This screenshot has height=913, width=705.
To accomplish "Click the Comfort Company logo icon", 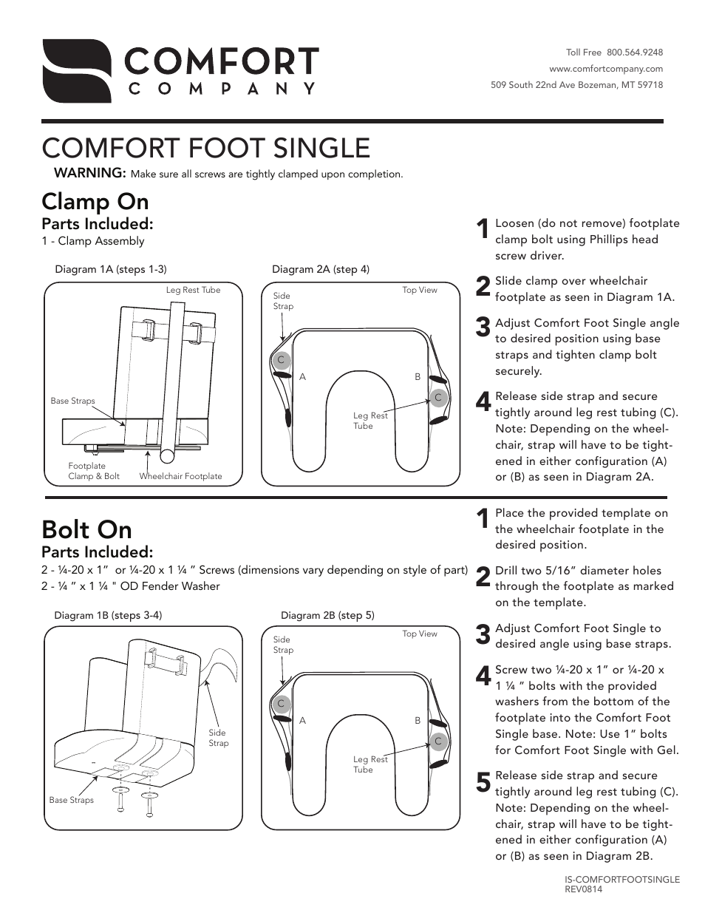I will pyautogui.click(x=76, y=71).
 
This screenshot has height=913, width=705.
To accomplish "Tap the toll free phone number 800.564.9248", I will pyautogui.click(x=634, y=52).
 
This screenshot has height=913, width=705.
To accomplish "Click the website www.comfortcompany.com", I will pyautogui.click(x=605, y=69).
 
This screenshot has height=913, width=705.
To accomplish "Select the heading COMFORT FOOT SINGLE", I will pyautogui.click(x=205, y=148).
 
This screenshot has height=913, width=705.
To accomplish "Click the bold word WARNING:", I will pyautogui.click(x=90, y=173).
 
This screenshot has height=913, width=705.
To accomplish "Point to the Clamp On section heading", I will pyautogui.click(x=95, y=201).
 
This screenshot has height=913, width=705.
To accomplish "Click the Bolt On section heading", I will pyautogui.click(x=86, y=529).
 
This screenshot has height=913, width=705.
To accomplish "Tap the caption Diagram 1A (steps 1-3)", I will pyautogui.click(x=111, y=269).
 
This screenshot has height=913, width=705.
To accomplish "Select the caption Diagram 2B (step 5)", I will pyautogui.click(x=327, y=615).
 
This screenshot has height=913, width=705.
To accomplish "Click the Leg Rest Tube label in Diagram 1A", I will pyautogui.click(x=193, y=290).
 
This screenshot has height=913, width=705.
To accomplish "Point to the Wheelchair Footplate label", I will pyautogui.click(x=180, y=476).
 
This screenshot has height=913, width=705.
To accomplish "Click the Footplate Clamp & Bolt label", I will pyautogui.click(x=93, y=471).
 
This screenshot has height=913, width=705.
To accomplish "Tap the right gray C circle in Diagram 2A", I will pyautogui.click(x=438, y=398).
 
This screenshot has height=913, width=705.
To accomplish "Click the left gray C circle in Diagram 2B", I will pyautogui.click(x=281, y=704).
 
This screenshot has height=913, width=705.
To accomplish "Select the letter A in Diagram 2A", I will pyautogui.click(x=302, y=377).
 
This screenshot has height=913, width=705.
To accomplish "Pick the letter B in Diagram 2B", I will pyautogui.click(x=418, y=720).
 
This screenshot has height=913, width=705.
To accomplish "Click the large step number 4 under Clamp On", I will pyautogui.click(x=483, y=402).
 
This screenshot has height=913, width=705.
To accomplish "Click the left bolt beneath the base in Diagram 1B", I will pyautogui.click(x=120, y=800).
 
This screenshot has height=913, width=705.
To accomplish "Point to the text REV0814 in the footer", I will pyautogui.click(x=583, y=889).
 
